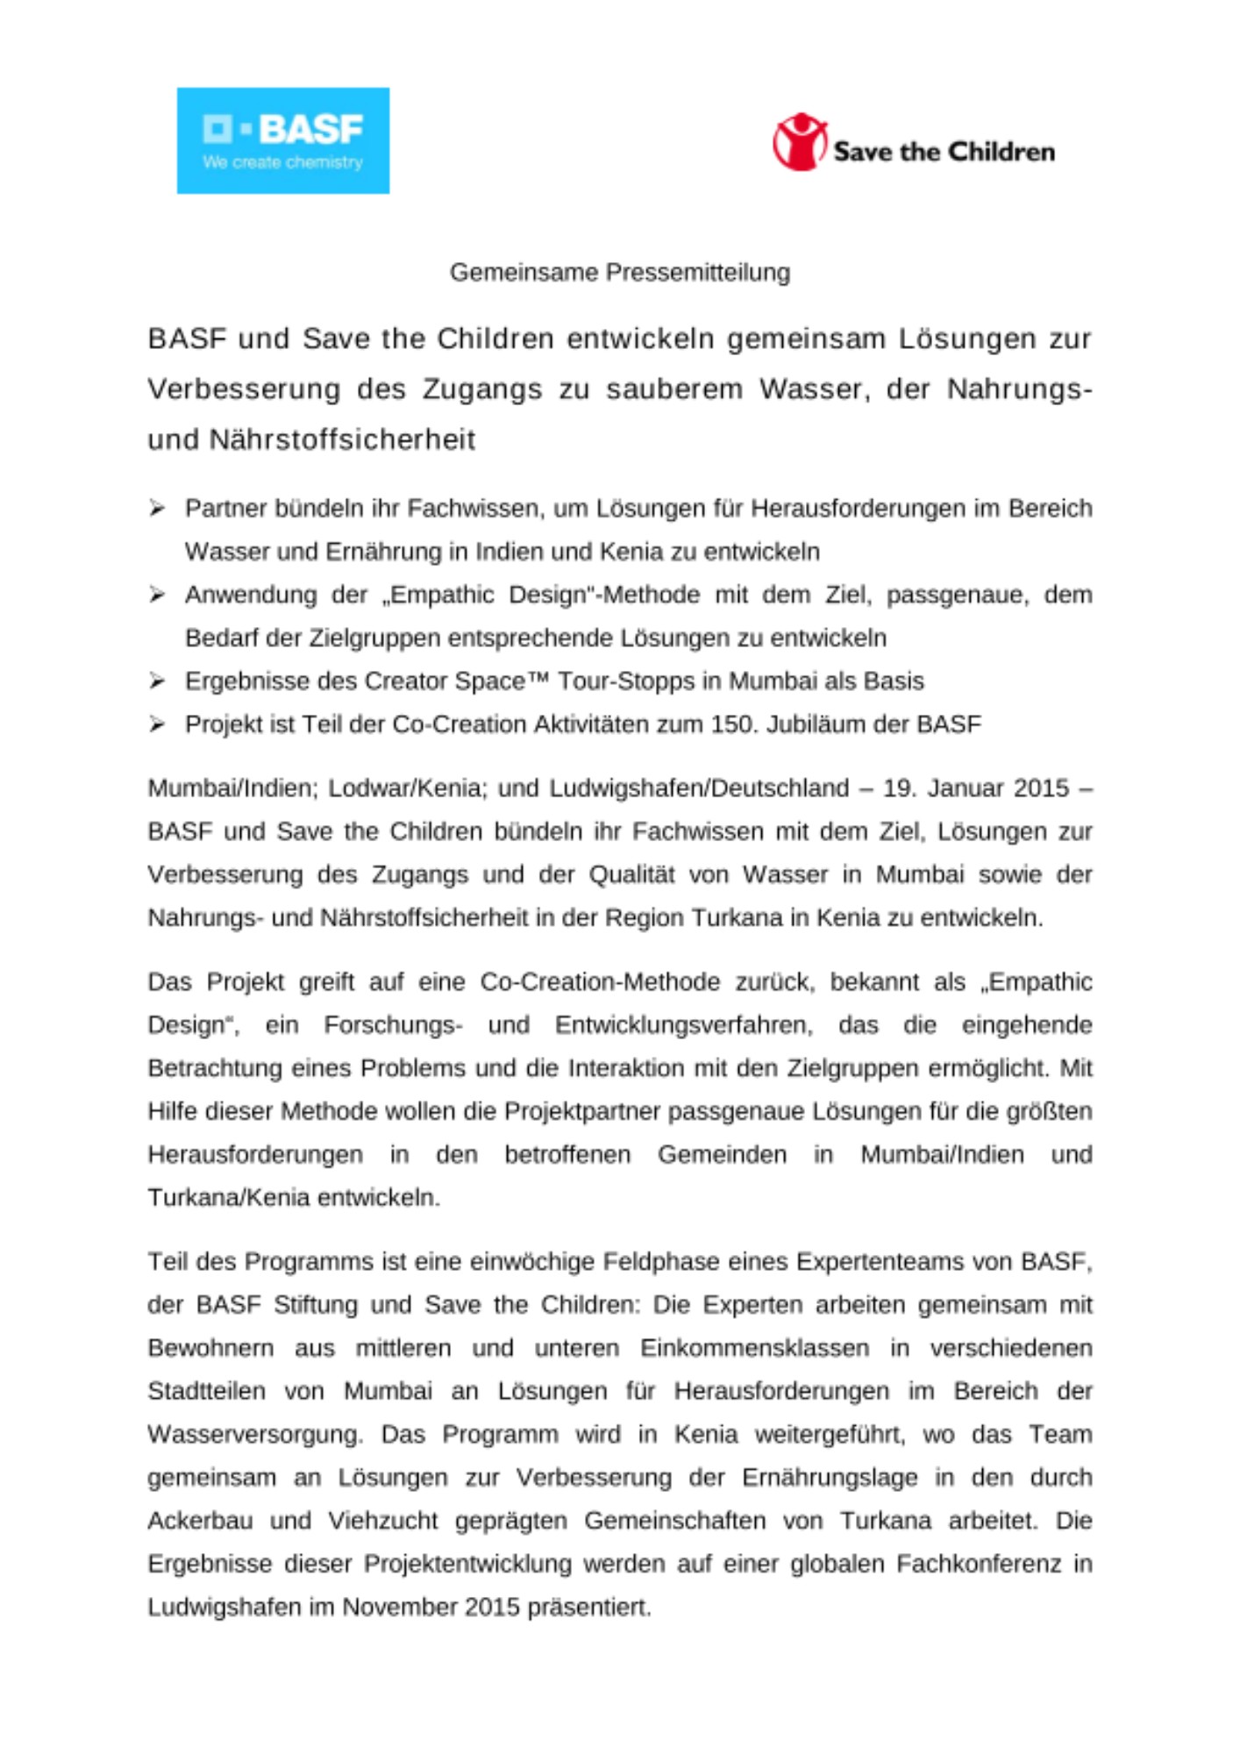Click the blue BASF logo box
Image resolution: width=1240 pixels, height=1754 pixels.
(282, 140)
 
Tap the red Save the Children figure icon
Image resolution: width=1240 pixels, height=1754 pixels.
(799, 141)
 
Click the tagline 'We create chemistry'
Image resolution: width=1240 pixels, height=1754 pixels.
(282, 162)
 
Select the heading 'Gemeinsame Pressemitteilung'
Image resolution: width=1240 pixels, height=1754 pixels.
(619, 273)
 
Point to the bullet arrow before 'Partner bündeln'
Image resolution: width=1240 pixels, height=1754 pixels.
(157, 509)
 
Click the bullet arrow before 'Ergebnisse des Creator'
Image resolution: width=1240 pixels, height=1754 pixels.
(157, 681)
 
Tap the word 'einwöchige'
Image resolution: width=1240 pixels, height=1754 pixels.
(531, 1262)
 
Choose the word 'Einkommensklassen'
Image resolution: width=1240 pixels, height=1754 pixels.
(754, 1348)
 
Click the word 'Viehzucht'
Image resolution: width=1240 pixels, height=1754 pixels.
(383, 1521)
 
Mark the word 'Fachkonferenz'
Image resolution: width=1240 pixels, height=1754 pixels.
(978, 1564)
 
